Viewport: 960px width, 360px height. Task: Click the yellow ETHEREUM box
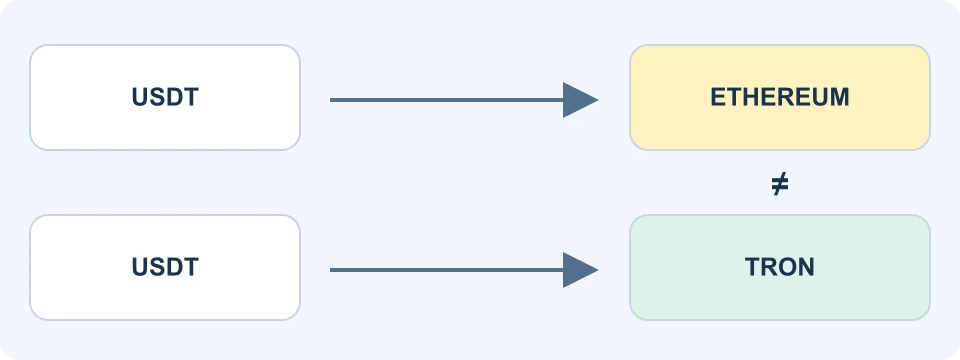pos(779,97)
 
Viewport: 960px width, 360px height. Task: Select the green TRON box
pos(779,267)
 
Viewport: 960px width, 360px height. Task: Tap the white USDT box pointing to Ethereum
pos(165,97)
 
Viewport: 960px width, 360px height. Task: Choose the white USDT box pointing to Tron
pos(165,267)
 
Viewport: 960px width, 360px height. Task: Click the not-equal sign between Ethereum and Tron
pos(779,184)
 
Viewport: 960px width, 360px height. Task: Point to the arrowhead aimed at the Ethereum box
pos(579,100)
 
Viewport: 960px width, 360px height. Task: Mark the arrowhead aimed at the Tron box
pos(579,270)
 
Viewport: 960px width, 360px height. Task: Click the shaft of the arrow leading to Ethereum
pos(447,100)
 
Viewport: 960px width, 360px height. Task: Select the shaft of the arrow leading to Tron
pos(447,270)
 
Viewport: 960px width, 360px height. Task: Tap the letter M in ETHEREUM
pos(839,97)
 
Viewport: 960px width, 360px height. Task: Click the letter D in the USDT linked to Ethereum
pos(174,97)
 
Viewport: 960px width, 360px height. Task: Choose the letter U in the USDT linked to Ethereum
pos(140,97)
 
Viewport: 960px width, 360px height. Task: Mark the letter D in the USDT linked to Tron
pos(174,267)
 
